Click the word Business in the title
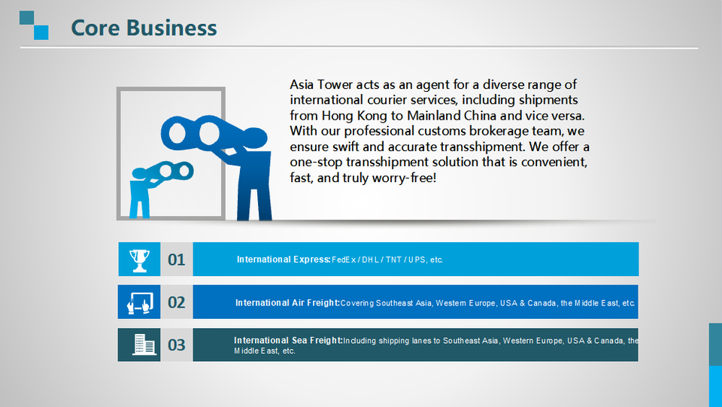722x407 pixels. click(x=171, y=28)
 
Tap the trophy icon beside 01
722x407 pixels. click(x=139, y=260)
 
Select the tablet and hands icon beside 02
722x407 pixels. click(x=140, y=303)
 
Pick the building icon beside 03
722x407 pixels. click(x=144, y=345)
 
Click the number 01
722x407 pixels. click(x=176, y=260)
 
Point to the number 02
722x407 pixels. click(x=176, y=302)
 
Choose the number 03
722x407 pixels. click(x=176, y=345)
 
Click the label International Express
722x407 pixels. click(x=284, y=260)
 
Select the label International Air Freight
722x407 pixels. click(x=287, y=303)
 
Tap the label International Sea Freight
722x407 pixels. click(x=288, y=340)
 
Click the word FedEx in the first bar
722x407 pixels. click(x=344, y=260)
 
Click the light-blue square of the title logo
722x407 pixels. click(x=41, y=32)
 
